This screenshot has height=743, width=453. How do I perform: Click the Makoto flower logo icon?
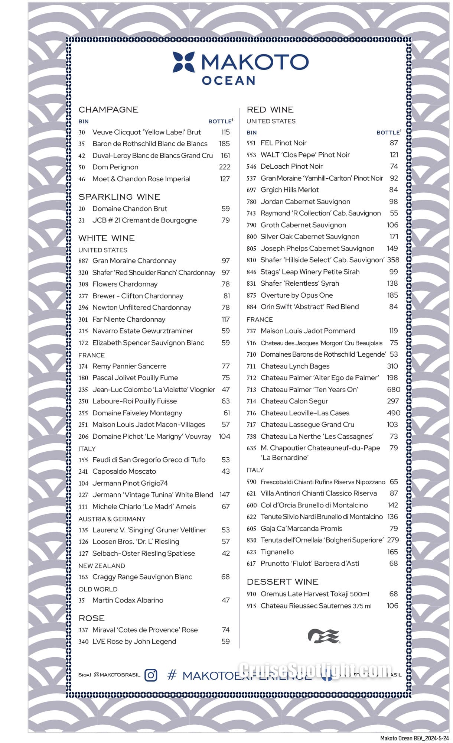point(184,62)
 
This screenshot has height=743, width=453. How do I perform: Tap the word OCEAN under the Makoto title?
point(228,81)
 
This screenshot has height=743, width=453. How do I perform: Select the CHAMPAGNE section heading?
point(108,110)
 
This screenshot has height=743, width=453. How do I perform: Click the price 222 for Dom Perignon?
point(225,167)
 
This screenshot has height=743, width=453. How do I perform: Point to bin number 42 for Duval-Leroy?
point(82,156)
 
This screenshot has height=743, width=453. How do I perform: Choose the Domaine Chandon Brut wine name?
point(130,209)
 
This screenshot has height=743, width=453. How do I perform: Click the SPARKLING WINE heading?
point(119,197)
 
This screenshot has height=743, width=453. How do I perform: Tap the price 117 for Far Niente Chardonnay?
point(225,319)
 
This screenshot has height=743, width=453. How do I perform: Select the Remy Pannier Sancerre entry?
point(129,366)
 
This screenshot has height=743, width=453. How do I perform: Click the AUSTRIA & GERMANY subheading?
point(112,519)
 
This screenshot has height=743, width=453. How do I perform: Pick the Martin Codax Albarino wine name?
point(128,600)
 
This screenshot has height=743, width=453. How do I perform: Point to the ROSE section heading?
point(91,618)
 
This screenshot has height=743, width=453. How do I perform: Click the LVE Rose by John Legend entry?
point(134,642)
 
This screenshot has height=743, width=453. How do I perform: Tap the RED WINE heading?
point(270,110)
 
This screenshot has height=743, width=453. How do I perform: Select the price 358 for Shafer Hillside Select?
point(393,260)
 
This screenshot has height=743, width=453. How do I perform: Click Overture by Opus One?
point(297,295)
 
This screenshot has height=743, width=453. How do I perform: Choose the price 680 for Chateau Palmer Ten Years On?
point(393,390)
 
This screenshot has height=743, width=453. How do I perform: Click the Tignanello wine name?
point(277,552)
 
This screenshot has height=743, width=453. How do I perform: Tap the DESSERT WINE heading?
point(283,582)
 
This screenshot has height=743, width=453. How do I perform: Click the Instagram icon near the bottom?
point(151,675)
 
